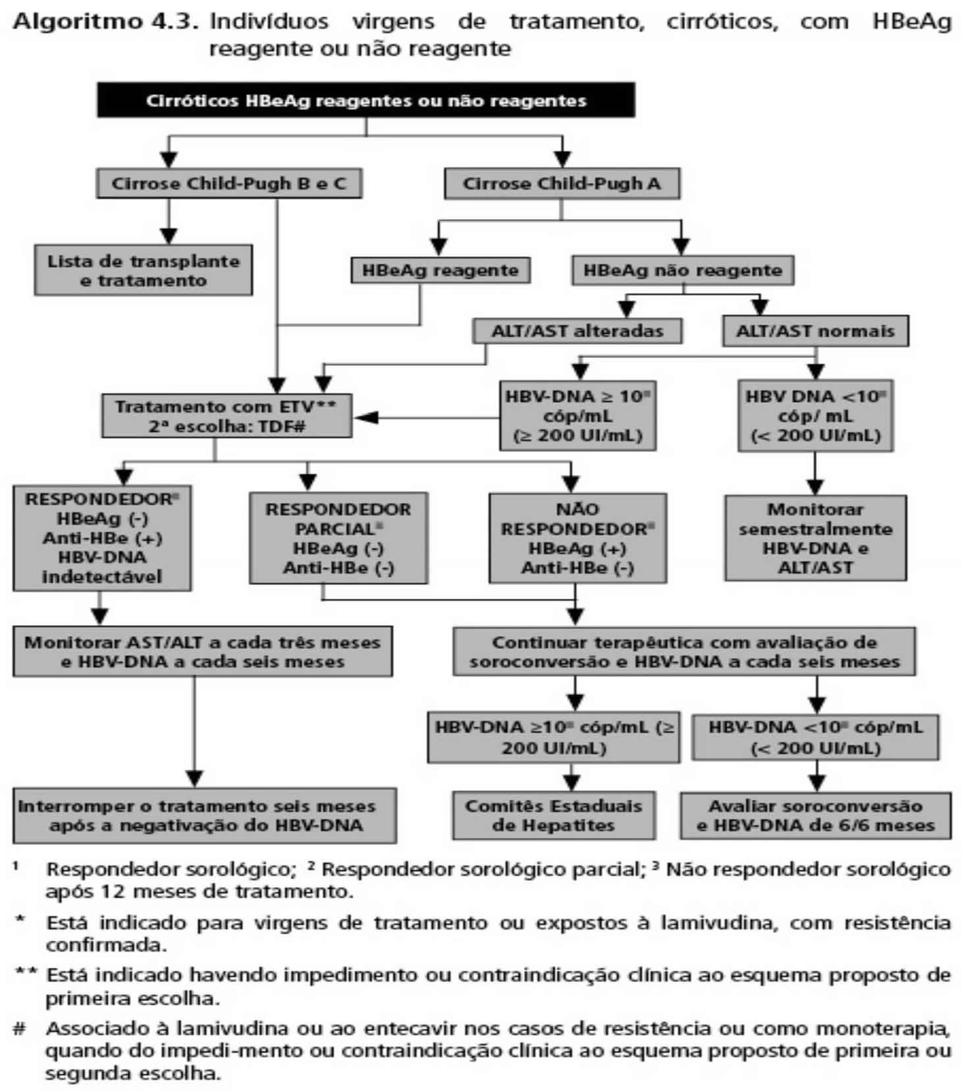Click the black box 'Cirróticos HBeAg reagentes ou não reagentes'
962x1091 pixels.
pos(366,101)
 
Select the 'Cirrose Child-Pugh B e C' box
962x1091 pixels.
pos(229,183)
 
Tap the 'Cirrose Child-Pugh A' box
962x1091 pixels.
pos(562,184)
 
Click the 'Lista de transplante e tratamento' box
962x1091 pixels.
pos(144,270)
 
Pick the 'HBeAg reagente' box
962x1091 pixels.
pos(440,270)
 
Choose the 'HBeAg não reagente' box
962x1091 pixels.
pos(683,270)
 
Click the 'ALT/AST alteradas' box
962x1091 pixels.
pos(577,331)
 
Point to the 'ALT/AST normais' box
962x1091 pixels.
pos(815,331)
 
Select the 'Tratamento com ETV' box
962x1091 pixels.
pos(227,416)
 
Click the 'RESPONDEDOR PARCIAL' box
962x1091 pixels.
pos(338,538)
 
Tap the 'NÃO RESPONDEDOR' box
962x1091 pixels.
pos(577,538)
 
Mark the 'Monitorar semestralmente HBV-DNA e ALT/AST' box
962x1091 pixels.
pos(815,538)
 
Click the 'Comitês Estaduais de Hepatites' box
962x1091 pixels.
pos(554,815)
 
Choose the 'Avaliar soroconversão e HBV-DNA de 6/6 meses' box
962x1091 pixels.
pos(815,815)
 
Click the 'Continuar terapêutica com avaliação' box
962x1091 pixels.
pos(684,651)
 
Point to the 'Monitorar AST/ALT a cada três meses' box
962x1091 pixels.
pos(203,651)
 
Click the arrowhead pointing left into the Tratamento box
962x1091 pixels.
pos(364,417)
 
